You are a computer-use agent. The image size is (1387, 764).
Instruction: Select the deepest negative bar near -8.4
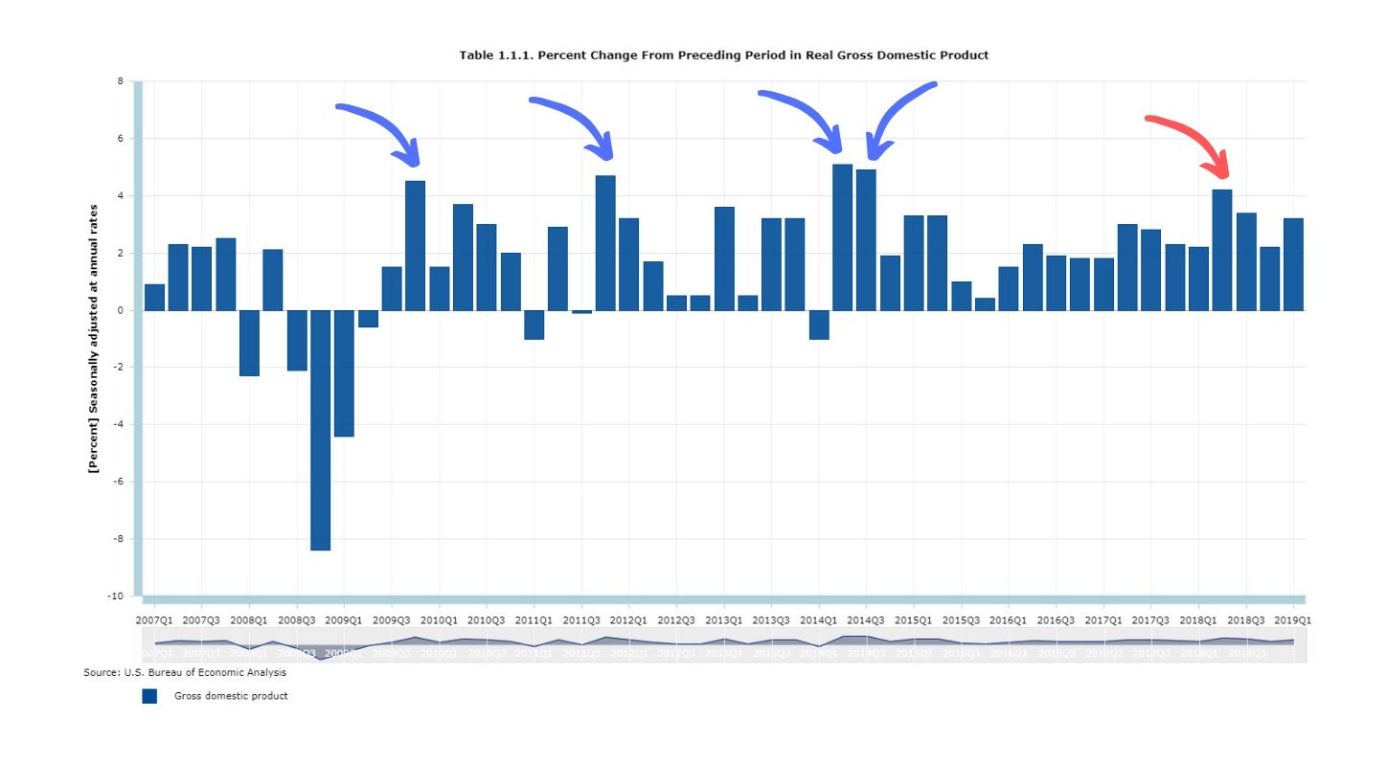click(320, 430)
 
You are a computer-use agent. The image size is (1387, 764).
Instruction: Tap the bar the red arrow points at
click(1222, 250)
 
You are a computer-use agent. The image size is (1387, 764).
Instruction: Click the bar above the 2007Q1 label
click(154, 297)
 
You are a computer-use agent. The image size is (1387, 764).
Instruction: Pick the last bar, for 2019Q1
click(1293, 264)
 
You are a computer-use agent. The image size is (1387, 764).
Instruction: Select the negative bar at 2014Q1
click(819, 325)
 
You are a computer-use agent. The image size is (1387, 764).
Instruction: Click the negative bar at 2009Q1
click(344, 373)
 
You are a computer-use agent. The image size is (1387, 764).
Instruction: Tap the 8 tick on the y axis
click(120, 81)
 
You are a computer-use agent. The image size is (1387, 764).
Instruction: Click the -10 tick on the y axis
click(116, 596)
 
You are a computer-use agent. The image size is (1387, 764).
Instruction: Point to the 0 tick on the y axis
click(120, 310)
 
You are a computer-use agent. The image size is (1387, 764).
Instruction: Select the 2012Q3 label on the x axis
click(676, 620)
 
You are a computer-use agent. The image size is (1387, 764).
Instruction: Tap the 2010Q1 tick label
click(439, 620)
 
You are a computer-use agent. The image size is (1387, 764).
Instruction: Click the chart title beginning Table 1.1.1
click(723, 56)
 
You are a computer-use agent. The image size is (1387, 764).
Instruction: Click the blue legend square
click(149, 696)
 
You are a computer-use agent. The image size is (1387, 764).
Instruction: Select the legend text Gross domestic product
click(231, 696)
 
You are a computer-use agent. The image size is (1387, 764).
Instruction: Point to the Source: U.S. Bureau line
click(185, 673)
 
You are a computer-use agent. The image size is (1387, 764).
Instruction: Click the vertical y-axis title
click(94, 338)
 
